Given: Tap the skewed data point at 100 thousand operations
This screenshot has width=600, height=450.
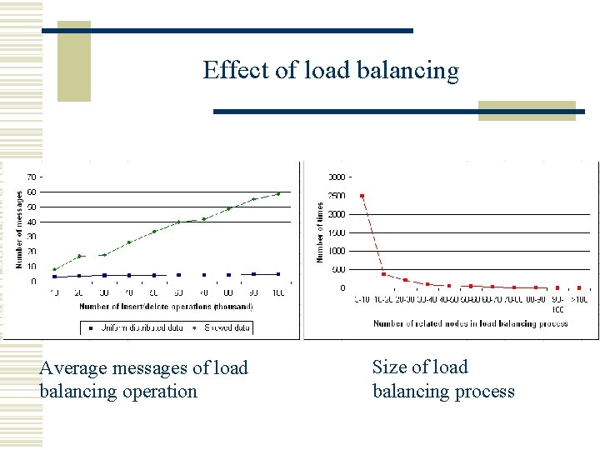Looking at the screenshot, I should pos(278,193).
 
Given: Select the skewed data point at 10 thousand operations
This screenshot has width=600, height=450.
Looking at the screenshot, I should pos(55,269).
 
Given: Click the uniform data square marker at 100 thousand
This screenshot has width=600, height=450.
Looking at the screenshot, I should pos(278,273).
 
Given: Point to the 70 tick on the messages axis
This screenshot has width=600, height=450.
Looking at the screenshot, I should pos(32,177).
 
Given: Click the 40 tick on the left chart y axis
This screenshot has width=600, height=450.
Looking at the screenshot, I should pos(32,222).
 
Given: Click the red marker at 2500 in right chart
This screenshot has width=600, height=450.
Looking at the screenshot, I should pos(362,196).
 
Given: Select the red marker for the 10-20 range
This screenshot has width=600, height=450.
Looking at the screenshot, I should pos(383,273).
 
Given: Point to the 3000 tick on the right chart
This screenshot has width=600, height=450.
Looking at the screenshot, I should pos(336,177).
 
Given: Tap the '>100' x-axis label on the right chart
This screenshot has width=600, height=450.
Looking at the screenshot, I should pos(579,299).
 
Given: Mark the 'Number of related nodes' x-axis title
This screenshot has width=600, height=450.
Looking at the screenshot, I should pos(470,323).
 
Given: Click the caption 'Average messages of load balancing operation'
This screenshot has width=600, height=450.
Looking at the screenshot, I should pos(143,379).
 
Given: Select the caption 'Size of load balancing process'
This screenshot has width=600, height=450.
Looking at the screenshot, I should pos(443,379).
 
